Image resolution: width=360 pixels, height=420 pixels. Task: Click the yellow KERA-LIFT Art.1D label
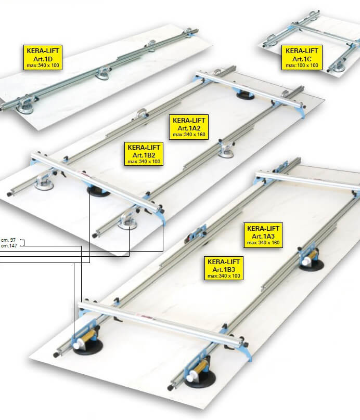pyautogui.click(x=43, y=58)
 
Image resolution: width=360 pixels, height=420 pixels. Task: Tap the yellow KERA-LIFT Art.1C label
pyautogui.click(x=302, y=58)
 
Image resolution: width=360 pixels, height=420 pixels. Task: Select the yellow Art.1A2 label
pyautogui.click(x=189, y=127)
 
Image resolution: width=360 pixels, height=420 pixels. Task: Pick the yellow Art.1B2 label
pyautogui.click(x=144, y=154)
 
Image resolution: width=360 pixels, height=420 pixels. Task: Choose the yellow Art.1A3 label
pyautogui.click(x=263, y=235)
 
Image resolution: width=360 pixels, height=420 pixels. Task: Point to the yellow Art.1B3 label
pyautogui.click(x=224, y=268)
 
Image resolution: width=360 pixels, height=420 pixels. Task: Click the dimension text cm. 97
pyautogui.click(x=8, y=240)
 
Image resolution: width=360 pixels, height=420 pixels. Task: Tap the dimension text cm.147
pyautogui.click(x=9, y=246)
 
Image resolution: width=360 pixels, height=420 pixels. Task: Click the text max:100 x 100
pyautogui.click(x=302, y=65)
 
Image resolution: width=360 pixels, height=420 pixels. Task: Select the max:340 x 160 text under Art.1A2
pyautogui.click(x=189, y=135)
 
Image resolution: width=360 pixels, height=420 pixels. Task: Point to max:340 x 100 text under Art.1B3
pyautogui.click(x=224, y=276)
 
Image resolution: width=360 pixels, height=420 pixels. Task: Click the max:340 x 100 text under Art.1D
pyautogui.click(x=43, y=65)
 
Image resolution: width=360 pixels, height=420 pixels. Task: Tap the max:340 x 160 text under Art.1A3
pyautogui.click(x=263, y=243)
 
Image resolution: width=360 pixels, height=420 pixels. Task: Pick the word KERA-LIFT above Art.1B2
pyautogui.click(x=144, y=147)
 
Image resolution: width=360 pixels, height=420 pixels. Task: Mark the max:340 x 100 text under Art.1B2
pyautogui.click(x=144, y=162)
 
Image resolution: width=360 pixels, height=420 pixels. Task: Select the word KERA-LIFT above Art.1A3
pyautogui.click(x=263, y=229)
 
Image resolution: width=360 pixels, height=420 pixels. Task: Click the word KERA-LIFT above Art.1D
pyautogui.click(x=43, y=50)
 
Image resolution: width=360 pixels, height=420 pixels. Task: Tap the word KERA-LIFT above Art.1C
pyautogui.click(x=302, y=50)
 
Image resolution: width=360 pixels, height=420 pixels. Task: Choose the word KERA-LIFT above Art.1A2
pyautogui.click(x=189, y=120)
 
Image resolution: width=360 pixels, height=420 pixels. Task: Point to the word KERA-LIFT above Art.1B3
pyautogui.click(x=224, y=261)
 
